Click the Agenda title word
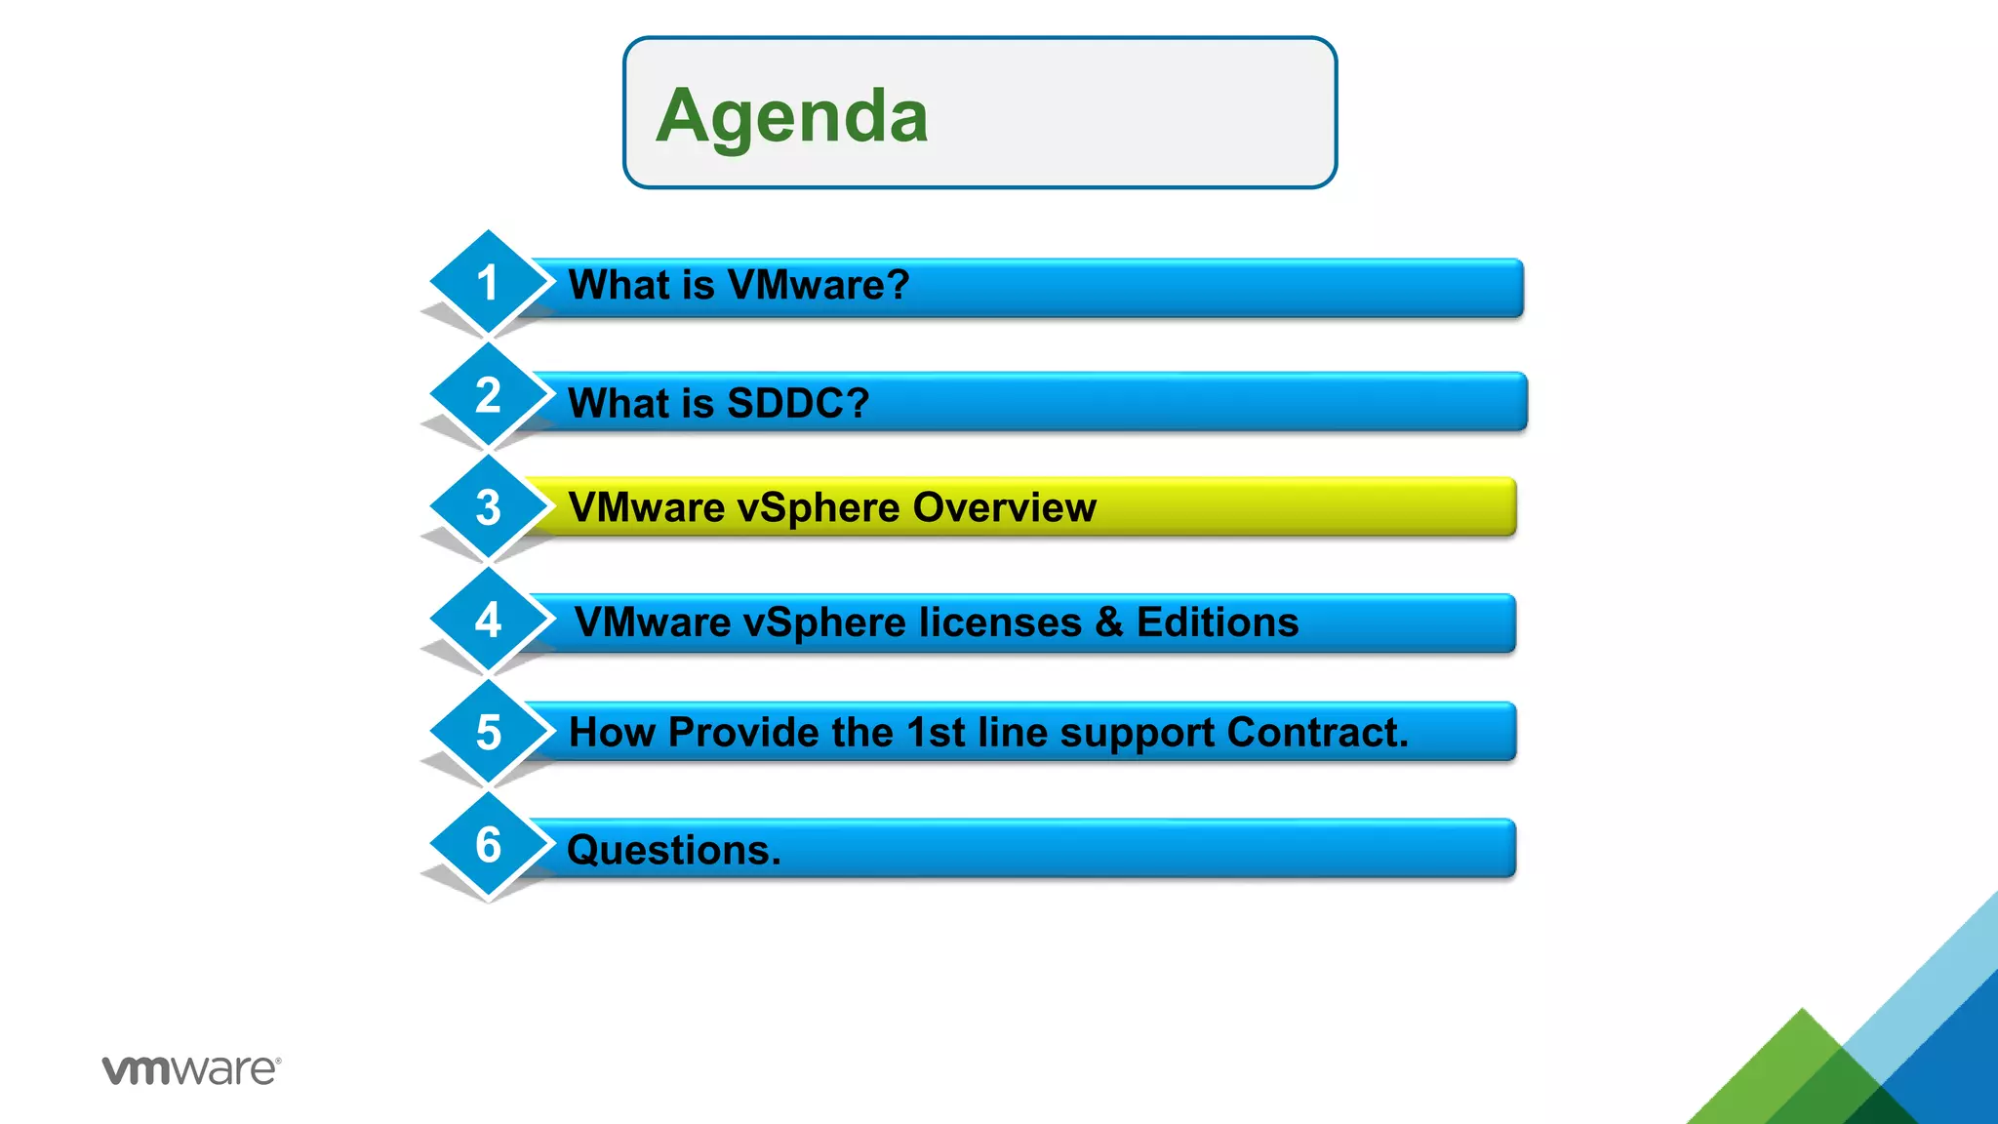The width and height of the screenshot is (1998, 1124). [x=791, y=116]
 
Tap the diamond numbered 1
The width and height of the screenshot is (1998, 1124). [x=488, y=283]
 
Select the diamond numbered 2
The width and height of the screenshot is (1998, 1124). [x=488, y=395]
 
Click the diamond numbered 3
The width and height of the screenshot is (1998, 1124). [x=488, y=507]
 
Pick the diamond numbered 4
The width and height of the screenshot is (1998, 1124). [x=488, y=621]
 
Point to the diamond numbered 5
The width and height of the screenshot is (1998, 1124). [x=488, y=733]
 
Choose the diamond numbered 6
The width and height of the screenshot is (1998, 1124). [x=488, y=845]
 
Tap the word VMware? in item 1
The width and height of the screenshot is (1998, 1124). [x=818, y=285]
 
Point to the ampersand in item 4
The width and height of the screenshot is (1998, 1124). [x=1109, y=622]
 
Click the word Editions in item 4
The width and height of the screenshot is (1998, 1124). [x=1218, y=622]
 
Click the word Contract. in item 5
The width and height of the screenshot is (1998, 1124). [x=1318, y=733]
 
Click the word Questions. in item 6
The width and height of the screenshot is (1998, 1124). [x=674, y=851]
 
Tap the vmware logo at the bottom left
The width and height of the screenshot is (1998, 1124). [x=191, y=1069]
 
